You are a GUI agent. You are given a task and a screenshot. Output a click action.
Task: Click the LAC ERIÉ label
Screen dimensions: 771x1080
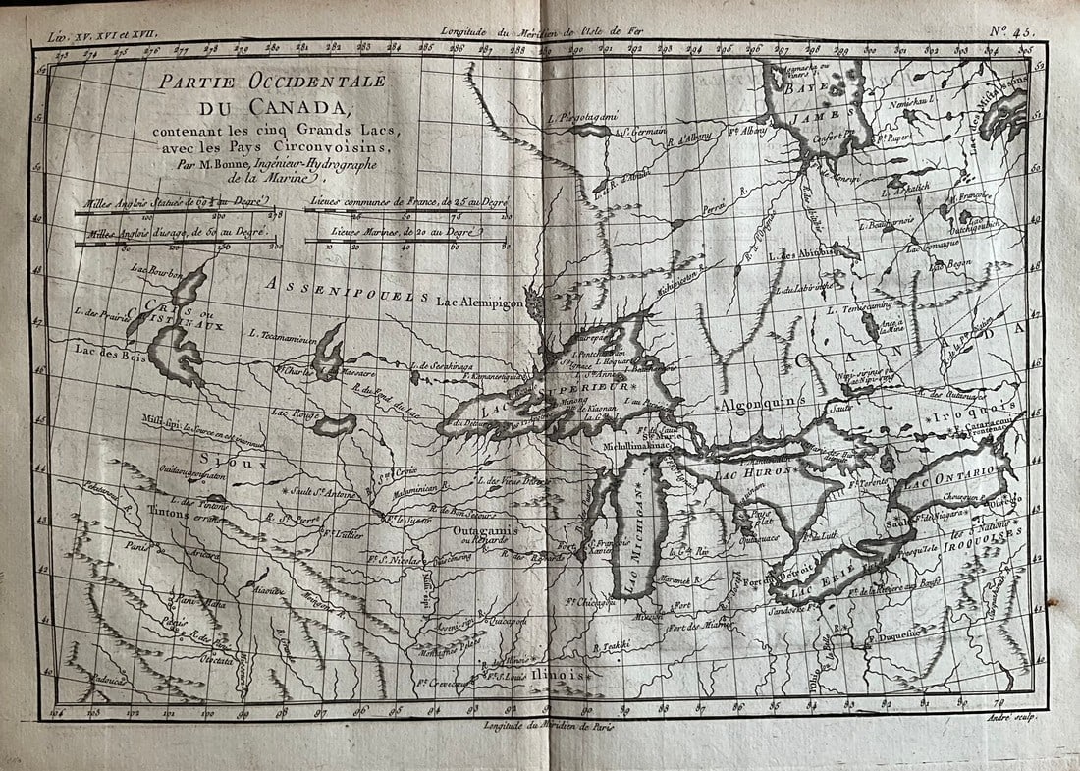(828, 587)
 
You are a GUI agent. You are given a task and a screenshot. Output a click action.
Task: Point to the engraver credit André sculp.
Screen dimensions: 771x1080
(1003, 721)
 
